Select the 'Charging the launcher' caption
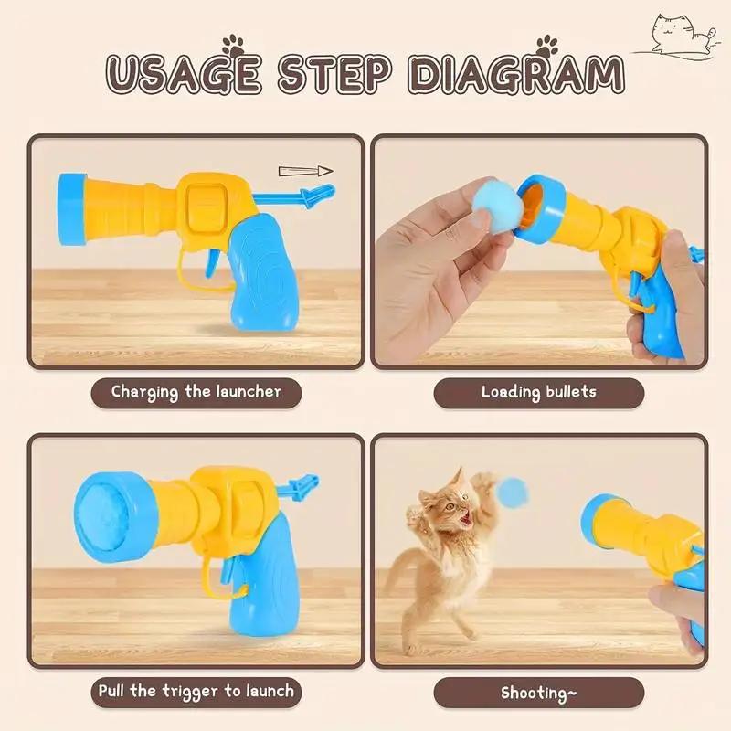pos(196,392)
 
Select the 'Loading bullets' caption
pos(538,392)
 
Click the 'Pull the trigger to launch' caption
pos(196,691)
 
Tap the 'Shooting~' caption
pos(538,692)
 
